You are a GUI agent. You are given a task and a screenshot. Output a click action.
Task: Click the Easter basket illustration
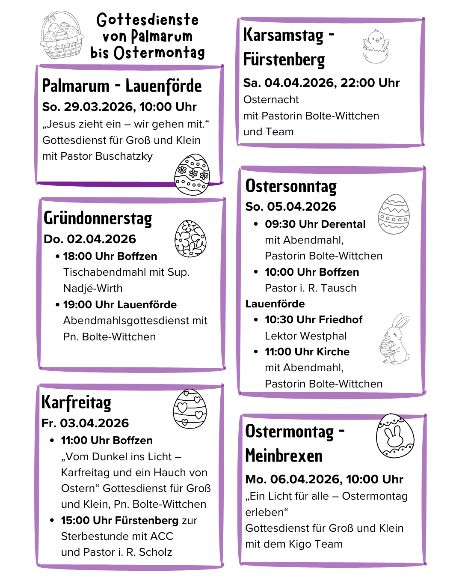click(62, 35)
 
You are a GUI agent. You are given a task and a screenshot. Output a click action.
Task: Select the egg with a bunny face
click(395, 435)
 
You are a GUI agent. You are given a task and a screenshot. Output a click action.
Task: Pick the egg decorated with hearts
click(190, 408)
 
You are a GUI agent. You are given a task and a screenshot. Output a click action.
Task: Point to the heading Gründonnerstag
click(98, 218)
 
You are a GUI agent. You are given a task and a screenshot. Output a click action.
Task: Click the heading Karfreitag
click(77, 402)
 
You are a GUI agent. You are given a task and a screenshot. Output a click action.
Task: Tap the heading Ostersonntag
click(291, 186)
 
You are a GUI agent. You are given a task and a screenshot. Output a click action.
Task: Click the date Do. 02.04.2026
click(90, 239)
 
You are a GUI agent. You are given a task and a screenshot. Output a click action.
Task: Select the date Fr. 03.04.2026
click(85, 423)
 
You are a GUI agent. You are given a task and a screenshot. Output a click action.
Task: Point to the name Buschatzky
click(128, 156)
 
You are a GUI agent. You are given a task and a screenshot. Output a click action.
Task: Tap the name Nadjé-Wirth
click(93, 289)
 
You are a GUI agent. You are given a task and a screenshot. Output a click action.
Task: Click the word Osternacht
click(271, 100)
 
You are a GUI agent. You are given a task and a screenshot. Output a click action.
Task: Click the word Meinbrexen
click(284, 456)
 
